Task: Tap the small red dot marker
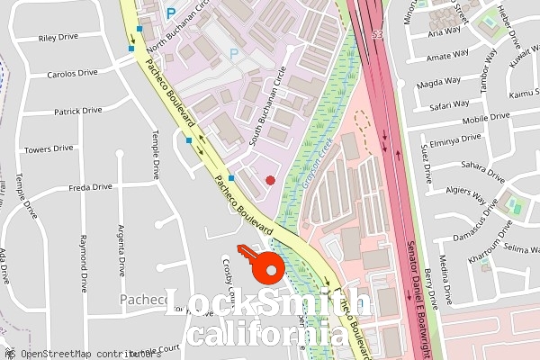(271, 180)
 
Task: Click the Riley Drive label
(58, 39)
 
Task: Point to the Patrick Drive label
(78, 112)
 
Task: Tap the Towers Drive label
(49, 148)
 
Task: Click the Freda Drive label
(91, 187)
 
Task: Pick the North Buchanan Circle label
(178, 28)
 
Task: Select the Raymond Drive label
(83, 264)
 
